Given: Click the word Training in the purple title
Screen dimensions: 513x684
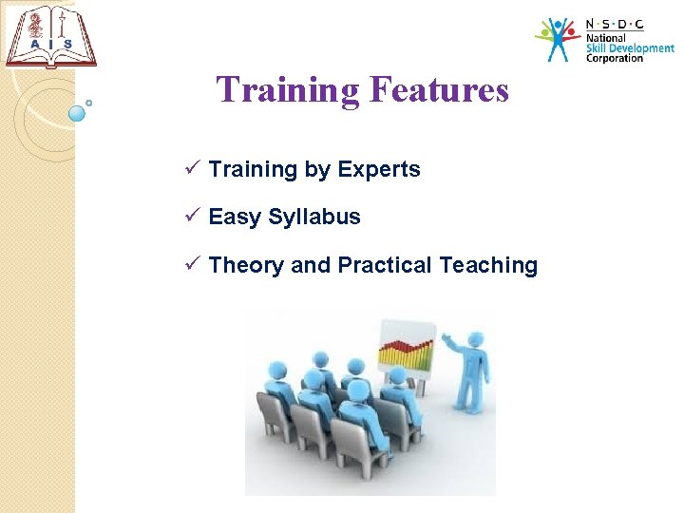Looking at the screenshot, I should pyautogui.click(x=288, y=90).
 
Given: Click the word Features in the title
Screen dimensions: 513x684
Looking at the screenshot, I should pyautogui.click(x=438, y=90).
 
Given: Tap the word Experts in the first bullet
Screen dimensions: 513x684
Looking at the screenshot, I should pyautogui.click(x=378, y=169).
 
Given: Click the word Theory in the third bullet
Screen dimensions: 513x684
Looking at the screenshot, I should pyautogui.click(x=246, y=265).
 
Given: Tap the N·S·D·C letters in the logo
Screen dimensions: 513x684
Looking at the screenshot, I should pyautogui.click(x=614, y=25).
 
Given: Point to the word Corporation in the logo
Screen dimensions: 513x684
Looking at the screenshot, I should pyautogui.click(x=615, y=58).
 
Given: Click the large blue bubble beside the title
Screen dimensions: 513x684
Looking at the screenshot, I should pyautogui.click(x=78, y=113).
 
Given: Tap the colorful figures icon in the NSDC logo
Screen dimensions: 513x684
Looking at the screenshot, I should pyautogui.click(x=558, y=39).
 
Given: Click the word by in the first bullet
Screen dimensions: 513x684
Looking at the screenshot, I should pyautogui.click(x=317, y=170).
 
